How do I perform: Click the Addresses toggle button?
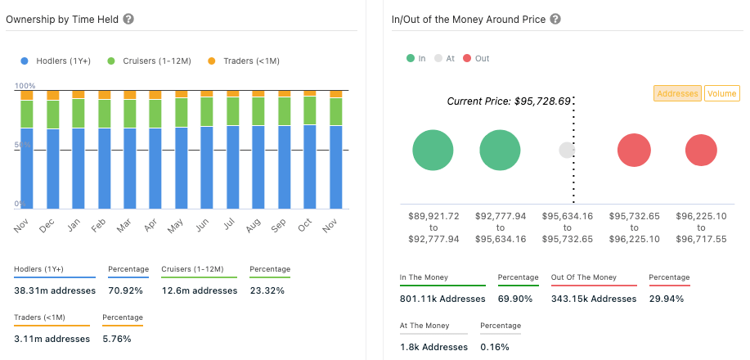(677, 93)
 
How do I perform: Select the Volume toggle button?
(721, 93)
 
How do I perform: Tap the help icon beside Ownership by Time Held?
(128, 19)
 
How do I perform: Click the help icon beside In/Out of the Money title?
(555, 19)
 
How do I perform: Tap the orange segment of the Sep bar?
(285, 94)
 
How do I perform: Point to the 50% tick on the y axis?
(23, 145)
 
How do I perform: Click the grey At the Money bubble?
(567, 151)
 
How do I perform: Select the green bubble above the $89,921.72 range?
(433, 151)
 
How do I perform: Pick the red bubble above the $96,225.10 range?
(701, 151)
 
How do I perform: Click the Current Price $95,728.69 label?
(508, 101)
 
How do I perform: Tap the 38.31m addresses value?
(55, 290)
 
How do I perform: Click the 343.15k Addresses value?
(594, 299)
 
